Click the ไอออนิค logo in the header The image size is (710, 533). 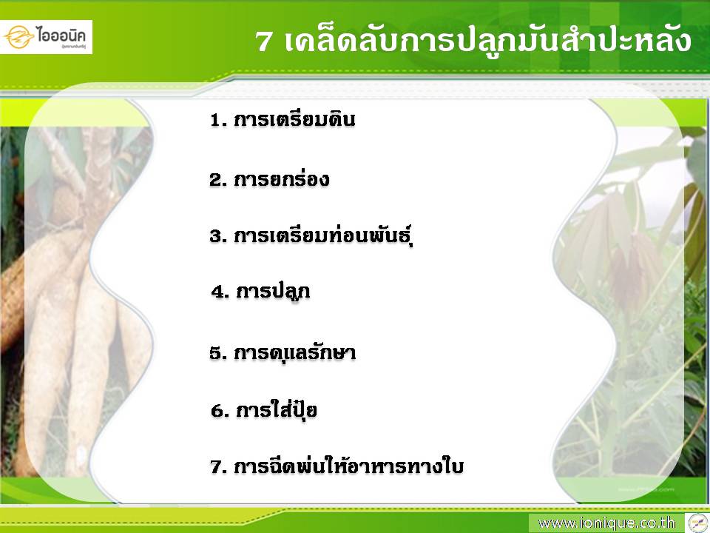click(46, 37)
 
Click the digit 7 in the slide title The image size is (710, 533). click(263, 41)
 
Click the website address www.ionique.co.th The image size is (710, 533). click(606, 523)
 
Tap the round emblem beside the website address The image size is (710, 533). click(697, 523)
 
